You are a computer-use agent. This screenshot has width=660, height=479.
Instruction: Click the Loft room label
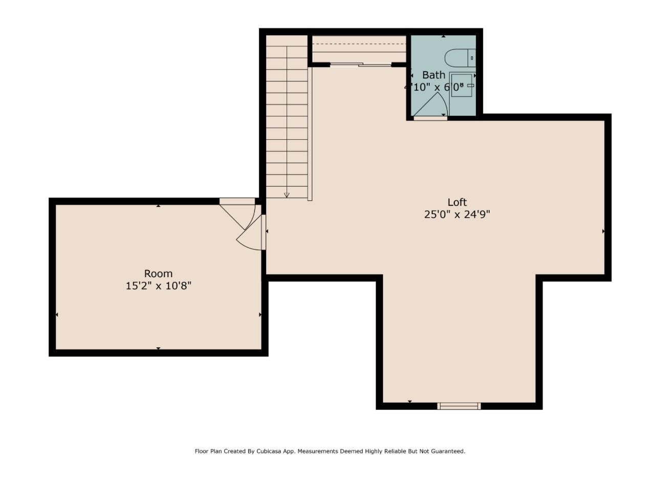click(457, 202)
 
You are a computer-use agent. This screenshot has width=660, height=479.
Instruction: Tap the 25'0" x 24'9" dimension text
click(457, 215)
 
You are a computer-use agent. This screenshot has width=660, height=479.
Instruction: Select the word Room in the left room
click(158, 274)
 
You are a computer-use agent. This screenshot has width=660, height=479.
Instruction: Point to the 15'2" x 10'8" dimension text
click(158, 286)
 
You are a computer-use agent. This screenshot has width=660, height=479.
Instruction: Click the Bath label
click(433, 75)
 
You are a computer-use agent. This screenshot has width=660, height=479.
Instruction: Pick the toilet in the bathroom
click(459, 58)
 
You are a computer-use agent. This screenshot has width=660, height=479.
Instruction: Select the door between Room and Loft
click(246, 231)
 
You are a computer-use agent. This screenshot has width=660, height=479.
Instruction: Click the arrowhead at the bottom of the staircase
click(287, 195)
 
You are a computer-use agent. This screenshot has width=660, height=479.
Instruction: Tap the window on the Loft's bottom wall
click(459, 406)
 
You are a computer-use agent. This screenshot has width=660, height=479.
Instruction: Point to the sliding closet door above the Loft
click(360, 65)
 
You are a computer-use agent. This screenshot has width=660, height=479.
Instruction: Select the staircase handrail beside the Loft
click(310, 133)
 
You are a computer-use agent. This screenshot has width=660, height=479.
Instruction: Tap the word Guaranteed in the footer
click(448, 451)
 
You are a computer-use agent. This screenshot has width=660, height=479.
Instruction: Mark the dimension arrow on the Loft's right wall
click(603, 232)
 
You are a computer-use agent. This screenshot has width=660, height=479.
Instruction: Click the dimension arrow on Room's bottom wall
click(158, 348)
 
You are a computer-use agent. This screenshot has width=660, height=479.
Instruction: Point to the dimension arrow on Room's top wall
click(158, 206)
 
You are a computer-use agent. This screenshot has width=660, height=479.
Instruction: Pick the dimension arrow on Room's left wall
click(57, 315)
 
